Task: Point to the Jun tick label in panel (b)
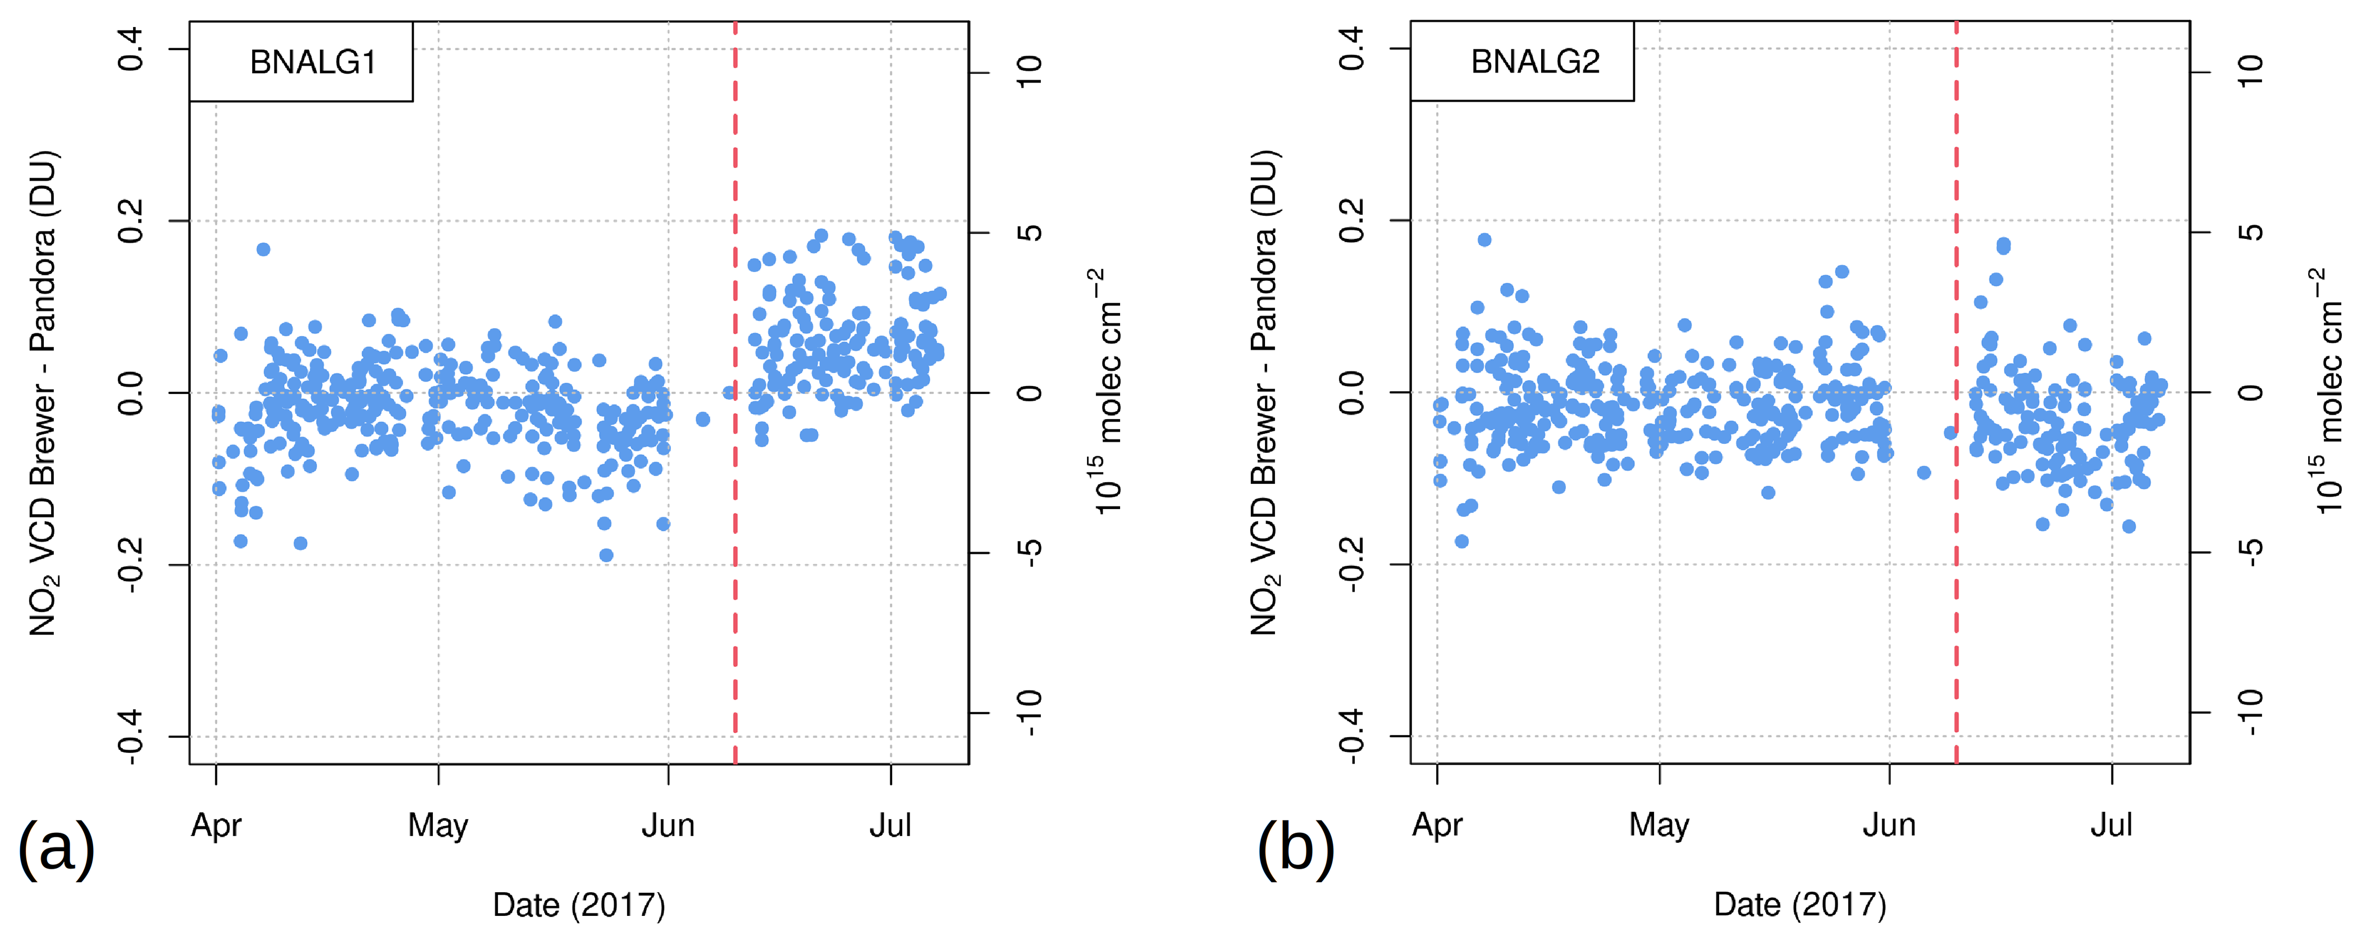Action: [x=1889, y=825]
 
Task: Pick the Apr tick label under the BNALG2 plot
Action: [x=1437, y=825]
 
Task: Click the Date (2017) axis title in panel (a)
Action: [x=579, y=905]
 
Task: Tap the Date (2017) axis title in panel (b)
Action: [x=1800, y=905]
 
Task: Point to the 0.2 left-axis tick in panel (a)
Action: [x=131, y=221]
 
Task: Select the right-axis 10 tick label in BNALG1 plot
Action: [x=1030, y=71]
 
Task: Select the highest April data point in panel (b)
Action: [x=1484, y=239]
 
